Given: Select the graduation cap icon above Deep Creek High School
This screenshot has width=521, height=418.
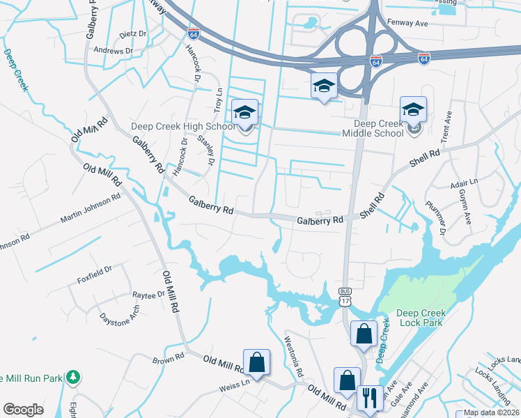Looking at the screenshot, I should point(245,111).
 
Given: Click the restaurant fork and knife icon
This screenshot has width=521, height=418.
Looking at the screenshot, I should point(369,398).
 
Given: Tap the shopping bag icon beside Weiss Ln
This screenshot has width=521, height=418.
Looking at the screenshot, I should point(256,362).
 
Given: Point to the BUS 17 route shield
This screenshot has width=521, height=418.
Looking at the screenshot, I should point(345,296).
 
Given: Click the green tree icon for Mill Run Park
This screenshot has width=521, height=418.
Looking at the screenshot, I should point(72,378).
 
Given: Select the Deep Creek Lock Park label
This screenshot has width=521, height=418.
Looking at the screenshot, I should point(424,318).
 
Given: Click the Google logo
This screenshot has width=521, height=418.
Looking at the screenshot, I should point(23,410).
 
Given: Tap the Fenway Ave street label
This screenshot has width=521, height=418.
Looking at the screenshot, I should point(426,23).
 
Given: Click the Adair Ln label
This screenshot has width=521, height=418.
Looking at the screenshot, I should point(464,182).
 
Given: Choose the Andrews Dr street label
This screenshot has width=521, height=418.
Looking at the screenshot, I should point(113,51).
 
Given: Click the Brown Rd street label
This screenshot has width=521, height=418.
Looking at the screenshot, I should point(168,358).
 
